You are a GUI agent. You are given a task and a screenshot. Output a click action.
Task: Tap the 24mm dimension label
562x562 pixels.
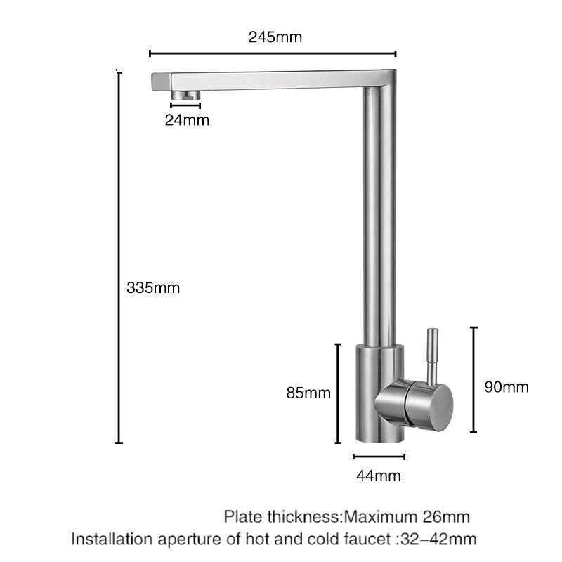point(187,120)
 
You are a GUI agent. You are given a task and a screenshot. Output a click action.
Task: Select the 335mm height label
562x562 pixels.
point(153,287)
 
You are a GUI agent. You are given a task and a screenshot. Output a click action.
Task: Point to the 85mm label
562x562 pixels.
point(308,393)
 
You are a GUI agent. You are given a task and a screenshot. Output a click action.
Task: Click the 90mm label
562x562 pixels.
point(507,387)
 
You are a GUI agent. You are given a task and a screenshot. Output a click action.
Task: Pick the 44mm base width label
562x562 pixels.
point(379,476)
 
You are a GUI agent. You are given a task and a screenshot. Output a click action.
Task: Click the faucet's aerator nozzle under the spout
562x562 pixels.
point(186,95)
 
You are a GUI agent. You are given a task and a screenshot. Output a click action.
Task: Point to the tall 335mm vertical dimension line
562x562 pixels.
point(119,256)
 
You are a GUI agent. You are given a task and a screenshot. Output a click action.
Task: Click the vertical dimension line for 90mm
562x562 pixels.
point(474,379)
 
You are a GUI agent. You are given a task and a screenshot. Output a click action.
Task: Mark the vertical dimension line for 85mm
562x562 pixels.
point(338,393)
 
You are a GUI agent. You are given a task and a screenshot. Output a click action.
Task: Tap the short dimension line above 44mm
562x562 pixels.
point(379,457)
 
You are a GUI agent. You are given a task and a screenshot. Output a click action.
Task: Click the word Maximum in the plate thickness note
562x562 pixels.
point(379,518)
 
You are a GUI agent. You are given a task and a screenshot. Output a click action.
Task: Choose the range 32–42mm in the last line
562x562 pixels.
point(438,540)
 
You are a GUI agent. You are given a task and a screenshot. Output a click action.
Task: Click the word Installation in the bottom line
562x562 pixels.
point(112,540)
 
